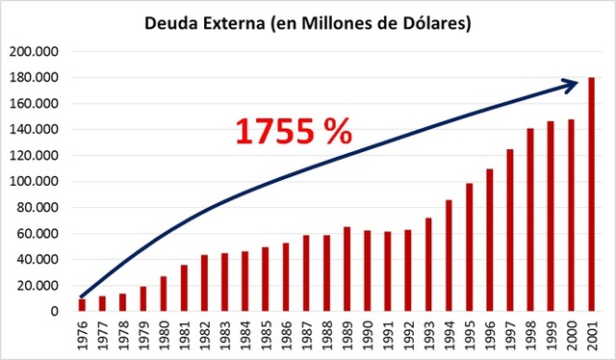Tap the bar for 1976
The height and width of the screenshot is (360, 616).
(82, 305)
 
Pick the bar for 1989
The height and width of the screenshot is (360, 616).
(346, 270)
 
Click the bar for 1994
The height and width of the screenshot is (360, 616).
(449, 256)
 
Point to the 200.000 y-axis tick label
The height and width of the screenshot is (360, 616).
(34, 52)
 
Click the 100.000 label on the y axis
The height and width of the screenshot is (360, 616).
(34, 182)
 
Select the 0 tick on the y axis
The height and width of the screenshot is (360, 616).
(55, 312)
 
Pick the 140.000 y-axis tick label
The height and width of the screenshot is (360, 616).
(34, 130)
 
